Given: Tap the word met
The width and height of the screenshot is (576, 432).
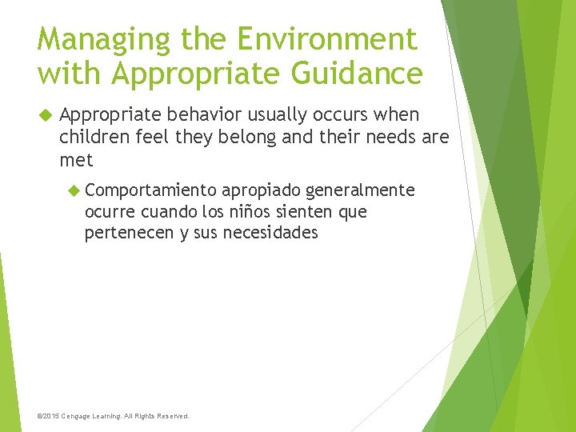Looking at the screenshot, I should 76,160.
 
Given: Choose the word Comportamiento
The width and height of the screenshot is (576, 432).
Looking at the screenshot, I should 150,190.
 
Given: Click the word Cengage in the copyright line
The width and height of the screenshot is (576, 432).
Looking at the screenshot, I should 83,416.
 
